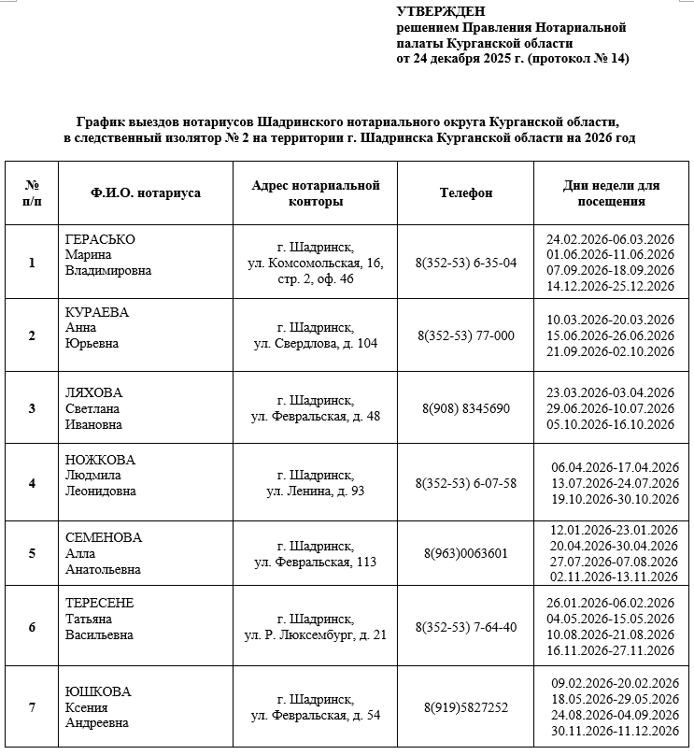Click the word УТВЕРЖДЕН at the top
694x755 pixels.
click(441, 11)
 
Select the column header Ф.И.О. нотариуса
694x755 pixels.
click(146, 193)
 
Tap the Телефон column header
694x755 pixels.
click(466, 193)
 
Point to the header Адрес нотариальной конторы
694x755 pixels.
click(316, 193)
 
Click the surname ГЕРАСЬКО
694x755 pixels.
click(100, 240)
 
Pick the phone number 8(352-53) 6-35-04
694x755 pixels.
click(466, 263)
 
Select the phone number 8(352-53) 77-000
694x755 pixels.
click(466, 335)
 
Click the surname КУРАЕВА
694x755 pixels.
click(97, 312)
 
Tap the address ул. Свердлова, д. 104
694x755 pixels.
click(316, 343)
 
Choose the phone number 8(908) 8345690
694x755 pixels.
click(466, 408)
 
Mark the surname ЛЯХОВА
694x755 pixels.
click(94, 392)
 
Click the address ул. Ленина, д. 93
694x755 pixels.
click(316, 491)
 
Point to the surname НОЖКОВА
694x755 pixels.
click(100, 460)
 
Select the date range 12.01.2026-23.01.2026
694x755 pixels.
click(613, 530)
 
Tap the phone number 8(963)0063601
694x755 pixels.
click(466, 553)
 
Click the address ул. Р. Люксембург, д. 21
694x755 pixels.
click(316, 634)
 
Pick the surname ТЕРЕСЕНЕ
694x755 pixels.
click(100, 604)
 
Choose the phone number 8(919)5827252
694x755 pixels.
click(466, 707)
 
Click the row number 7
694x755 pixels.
click(32, 707)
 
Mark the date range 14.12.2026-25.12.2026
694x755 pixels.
click(610, 285)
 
